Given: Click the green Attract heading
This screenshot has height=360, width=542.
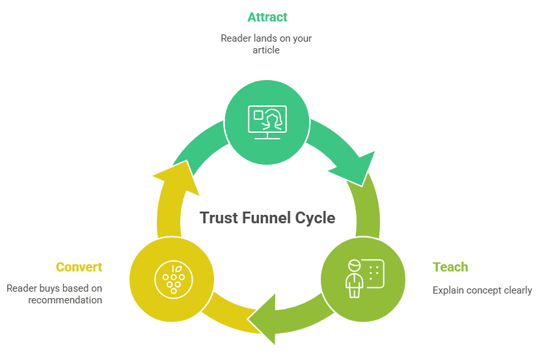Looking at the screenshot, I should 267,17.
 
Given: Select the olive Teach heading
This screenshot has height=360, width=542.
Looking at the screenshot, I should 450,267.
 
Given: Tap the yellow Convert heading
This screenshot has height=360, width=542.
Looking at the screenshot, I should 79,267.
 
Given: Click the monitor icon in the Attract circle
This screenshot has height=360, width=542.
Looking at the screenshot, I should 267,122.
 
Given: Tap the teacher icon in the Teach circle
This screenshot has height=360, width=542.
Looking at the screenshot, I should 362,279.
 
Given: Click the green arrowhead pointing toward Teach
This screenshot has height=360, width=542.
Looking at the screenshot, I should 355,167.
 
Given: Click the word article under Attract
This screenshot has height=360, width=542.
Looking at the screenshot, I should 266,49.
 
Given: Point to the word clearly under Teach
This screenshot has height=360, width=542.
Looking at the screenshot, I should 517,290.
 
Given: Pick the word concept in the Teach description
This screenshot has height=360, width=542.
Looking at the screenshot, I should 484,290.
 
